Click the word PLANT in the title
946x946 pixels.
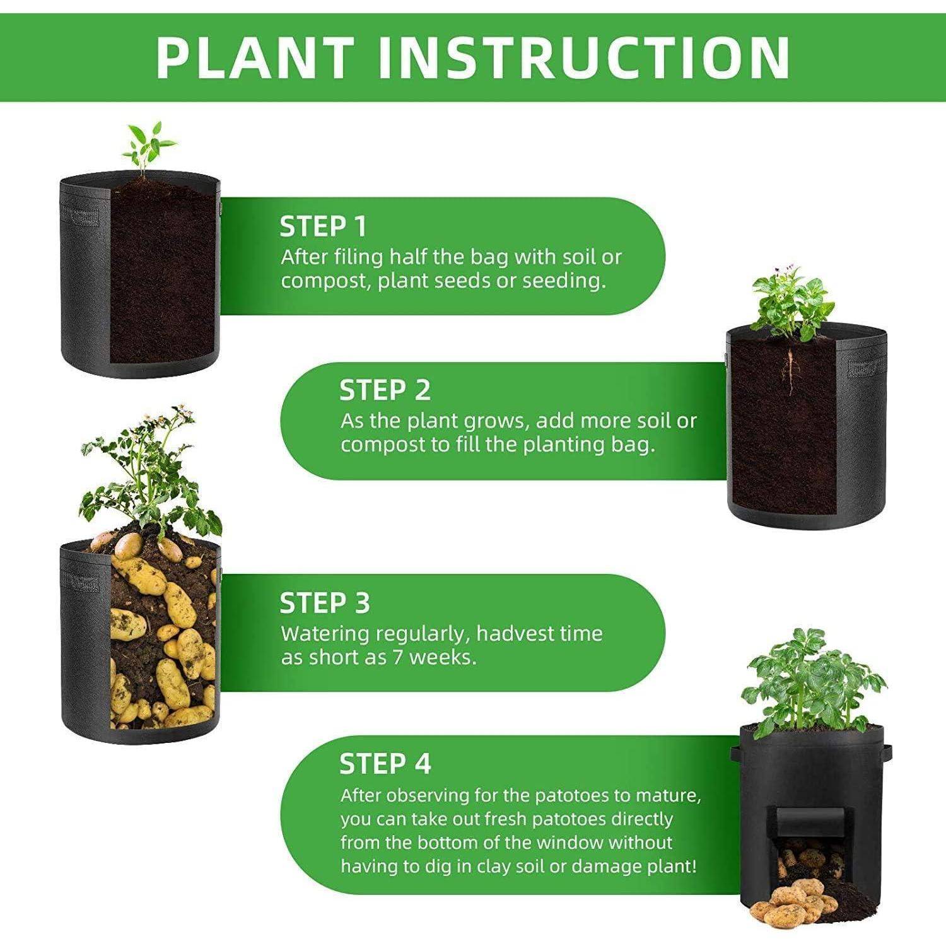(x=253, y=57)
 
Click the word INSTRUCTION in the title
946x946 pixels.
(x=584, y=57)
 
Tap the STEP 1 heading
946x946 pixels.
(x=323, y=226)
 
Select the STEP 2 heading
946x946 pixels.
(x=385, y=390)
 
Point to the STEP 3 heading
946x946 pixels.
(x=325, y=603)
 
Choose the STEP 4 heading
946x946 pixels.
(x=385, y=764)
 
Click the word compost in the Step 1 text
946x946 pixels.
(x=326, y=281)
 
